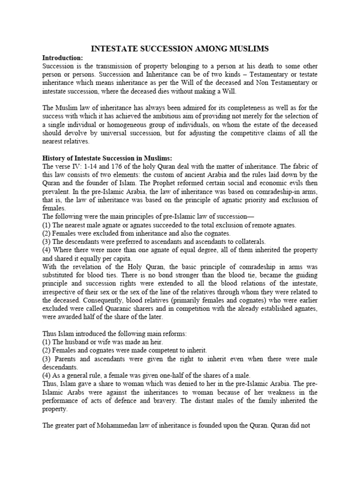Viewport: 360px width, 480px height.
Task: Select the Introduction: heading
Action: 62,58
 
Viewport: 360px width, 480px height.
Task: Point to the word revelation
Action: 83,267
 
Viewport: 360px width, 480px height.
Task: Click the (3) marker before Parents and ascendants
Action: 47,359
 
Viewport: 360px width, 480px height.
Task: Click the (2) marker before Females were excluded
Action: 47,233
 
